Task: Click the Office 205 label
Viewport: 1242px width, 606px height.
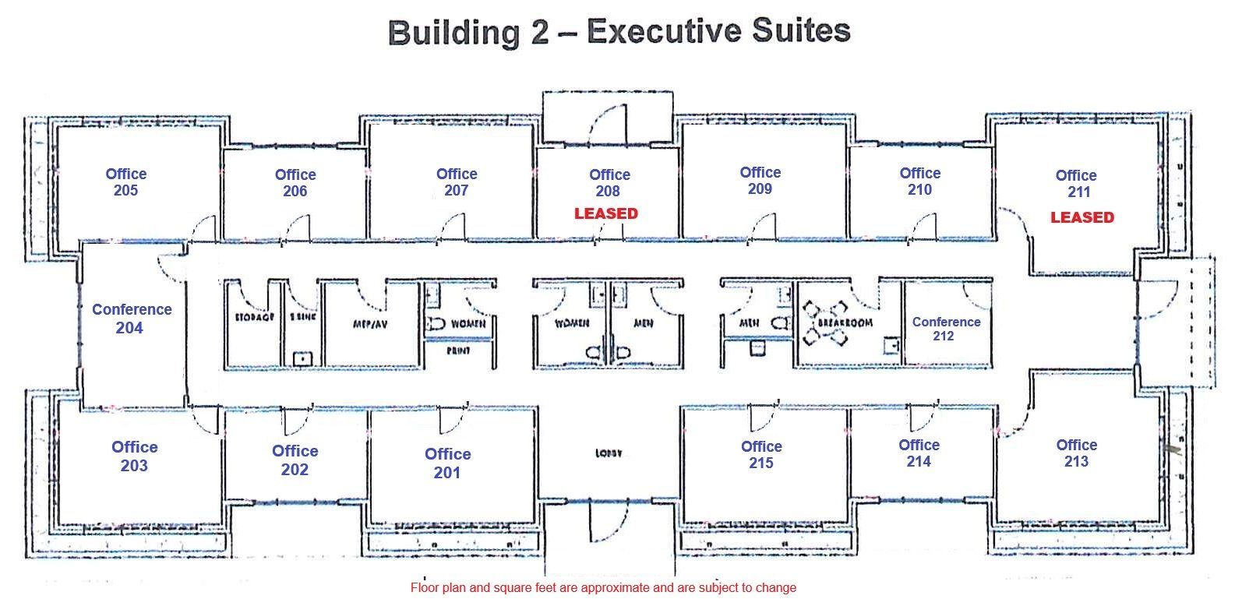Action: click(x=125, y=182)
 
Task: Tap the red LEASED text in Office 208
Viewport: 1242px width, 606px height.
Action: click(x=606, y=213)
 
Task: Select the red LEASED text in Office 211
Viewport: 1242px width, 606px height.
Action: click(x=1081, y=217)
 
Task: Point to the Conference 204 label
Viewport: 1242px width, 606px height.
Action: click(x=131, y=319)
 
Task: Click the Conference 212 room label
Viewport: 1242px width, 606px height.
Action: click(x=945, y=329)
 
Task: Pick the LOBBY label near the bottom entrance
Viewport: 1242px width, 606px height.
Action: click(x=609, y=453)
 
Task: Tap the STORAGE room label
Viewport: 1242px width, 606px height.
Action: click(x=253, y=319)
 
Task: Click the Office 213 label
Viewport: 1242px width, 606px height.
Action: click(x=1076, y=453)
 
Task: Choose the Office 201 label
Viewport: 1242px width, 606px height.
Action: click(x=447, y=463)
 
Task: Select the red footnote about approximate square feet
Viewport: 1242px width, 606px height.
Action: click(x=603, y=587)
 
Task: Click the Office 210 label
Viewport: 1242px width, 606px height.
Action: click(x=919, y=181)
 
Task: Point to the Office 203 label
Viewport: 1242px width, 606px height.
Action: click(x=134, y=456)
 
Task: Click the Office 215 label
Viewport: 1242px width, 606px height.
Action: click(x=760, y=454)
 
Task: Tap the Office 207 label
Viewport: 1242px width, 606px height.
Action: click(x=456, y=181)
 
